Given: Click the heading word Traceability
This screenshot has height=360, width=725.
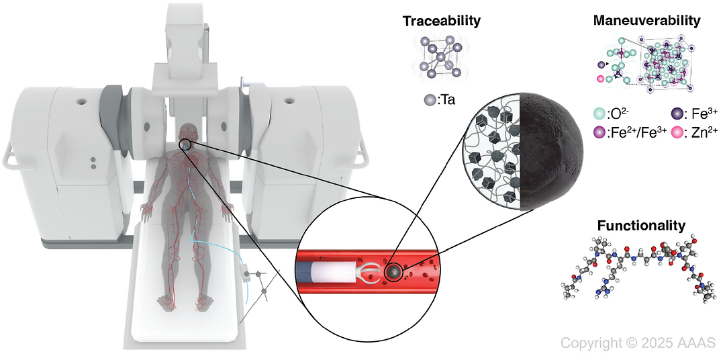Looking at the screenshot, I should (441, 21).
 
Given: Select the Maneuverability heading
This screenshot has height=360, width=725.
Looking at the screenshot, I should (646, 21).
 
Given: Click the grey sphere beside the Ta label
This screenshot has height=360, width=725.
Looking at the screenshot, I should (430, 100).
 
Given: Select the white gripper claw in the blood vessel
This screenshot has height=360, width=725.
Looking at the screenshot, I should (368, 271).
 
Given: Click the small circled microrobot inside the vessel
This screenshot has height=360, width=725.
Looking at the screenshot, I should (393, 271).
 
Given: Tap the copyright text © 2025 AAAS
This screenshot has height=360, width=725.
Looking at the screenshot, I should (633, 343).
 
